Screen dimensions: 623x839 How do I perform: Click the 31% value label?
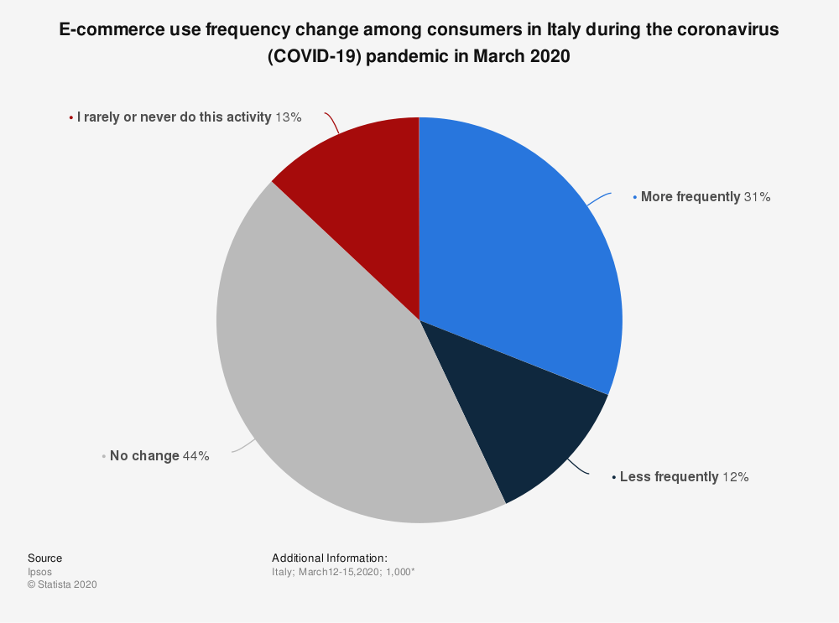click(x=757, y=197)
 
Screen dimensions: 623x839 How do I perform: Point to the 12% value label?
click(x=735, y=477)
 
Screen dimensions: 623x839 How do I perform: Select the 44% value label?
click(x=195, y=456)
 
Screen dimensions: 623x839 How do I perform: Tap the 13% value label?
click(x=288, y=117)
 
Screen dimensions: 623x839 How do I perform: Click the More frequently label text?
click(x=690, y=197)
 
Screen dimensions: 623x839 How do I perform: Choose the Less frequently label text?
click(x=669, y=477)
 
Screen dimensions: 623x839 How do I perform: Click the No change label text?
click(x=144, y=456)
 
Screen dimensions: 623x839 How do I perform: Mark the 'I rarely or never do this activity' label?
click(x=174, y=117)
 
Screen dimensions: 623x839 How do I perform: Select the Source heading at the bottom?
click(x=44, y=558)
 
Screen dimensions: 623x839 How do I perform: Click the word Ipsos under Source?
click(x=39, y=572)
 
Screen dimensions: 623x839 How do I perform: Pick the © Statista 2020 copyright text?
click(x=62, y=585)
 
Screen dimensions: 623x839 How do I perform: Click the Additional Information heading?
click(x=329, y=558)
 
